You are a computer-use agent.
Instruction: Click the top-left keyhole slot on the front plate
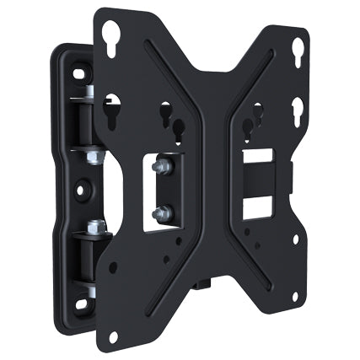tap(110, 35)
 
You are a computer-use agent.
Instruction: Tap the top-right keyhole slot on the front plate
tap(297, 52)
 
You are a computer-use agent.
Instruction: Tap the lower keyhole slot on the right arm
tap(297, 110)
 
